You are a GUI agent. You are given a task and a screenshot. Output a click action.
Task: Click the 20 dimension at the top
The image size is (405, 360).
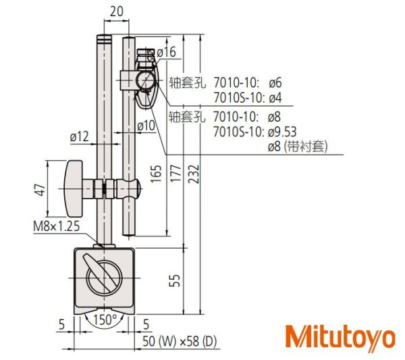[117, 11]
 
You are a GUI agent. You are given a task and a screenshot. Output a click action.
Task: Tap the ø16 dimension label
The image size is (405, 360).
[166, 52]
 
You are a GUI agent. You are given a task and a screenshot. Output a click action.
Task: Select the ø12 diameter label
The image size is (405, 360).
[80, 136]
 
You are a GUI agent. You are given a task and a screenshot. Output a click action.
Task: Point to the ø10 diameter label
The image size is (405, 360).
[146, 126]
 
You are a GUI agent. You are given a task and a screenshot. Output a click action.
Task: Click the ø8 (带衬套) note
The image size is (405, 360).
[296, 145]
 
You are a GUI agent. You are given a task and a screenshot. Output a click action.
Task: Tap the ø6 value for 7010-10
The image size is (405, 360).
[275, 83]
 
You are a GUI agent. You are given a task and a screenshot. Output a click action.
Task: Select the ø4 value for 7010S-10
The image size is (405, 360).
[275, 97]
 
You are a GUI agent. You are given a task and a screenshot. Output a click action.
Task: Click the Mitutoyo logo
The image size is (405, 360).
[340, 337]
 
